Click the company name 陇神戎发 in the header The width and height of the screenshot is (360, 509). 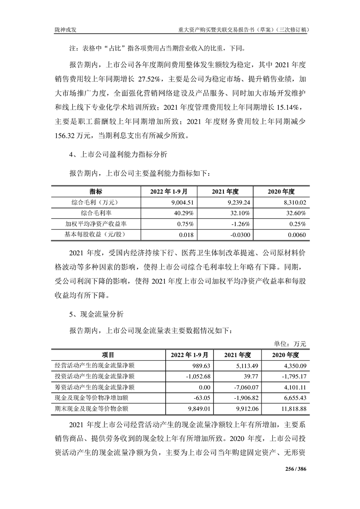coord(64,29)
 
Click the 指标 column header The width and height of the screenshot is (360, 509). coord(95,191)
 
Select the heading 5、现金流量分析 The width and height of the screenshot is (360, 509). coord(95,313)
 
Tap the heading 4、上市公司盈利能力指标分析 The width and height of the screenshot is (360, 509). coord(118,155)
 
